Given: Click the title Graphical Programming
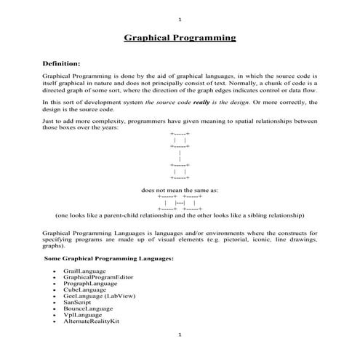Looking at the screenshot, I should [x=180, y=36].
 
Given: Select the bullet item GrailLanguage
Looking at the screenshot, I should [x=84, y=269].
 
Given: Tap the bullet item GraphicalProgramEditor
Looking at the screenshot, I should [x=98, y=277].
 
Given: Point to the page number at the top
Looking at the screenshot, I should [x=180, y=19].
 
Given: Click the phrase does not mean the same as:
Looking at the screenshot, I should [x=179, y=190].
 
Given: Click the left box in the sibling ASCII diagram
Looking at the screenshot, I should [x=167, y=202].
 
